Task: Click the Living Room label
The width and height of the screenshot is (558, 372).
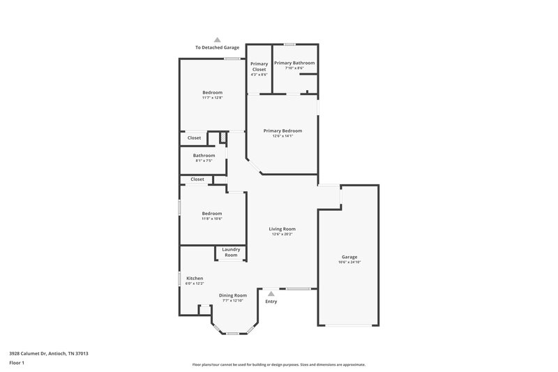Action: tap(283, 229)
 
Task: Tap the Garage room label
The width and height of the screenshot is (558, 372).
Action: tap(349, 257)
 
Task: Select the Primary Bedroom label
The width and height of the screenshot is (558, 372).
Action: tap(282, 131)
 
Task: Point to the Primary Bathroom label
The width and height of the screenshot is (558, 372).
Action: tap(294, 63)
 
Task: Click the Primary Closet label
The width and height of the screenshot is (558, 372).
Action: tap(259, 66)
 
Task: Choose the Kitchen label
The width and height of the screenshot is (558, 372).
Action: tap(195, 278)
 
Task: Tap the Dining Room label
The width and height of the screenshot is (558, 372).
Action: tap(233, 295)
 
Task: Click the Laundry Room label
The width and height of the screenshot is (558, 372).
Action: tap(231, 252)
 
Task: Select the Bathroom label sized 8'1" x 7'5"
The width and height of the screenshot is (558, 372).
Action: tap(204, 156)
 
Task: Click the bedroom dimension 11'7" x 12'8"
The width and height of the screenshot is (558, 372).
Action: tap(212, 98)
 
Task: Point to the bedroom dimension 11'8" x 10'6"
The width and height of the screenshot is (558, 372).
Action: tap(212, 219)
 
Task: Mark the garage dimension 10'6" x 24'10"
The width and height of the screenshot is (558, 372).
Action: tap(349, 262)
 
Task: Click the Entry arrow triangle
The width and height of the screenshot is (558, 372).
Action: tap(271, 294)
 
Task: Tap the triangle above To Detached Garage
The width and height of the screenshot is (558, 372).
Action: tap(217, 40)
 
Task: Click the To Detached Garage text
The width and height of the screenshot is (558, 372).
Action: tap(217, 47)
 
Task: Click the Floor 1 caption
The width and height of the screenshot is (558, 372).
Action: tap(17, 363)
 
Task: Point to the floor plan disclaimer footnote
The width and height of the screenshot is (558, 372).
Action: tap(278, 364)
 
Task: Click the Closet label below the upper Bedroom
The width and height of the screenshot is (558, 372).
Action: tap(194, 137)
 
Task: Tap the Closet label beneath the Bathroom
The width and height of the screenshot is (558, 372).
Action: tap(197, 179)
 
